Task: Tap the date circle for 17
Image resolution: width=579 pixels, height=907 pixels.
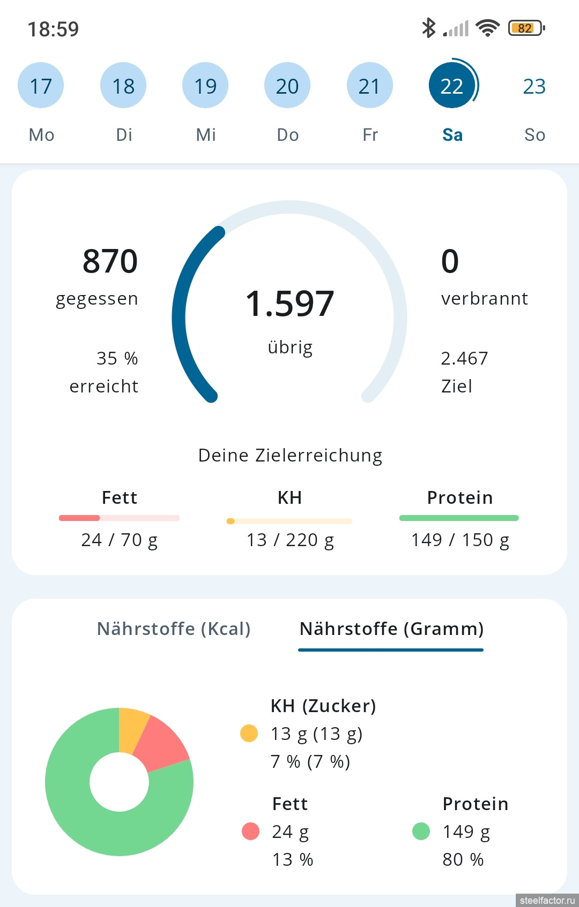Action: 41,86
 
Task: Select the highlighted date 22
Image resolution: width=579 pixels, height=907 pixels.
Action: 451,86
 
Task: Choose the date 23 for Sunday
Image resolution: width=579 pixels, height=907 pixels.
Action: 534,86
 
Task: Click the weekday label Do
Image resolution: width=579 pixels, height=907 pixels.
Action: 288,135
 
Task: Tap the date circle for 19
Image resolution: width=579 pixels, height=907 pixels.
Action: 205,86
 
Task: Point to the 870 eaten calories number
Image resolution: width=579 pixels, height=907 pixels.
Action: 110,261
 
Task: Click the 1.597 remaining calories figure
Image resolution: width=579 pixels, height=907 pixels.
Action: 289,304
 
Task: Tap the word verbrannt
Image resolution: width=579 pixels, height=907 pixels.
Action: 484,298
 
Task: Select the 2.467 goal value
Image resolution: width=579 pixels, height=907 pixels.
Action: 464,358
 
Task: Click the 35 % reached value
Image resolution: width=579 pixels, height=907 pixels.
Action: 117,358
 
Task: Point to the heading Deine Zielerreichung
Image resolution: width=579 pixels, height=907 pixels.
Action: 290,455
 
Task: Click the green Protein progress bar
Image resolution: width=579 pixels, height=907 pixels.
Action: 459,518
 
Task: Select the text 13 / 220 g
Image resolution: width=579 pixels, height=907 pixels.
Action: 290,540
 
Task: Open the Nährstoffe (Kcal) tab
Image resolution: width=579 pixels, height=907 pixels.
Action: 174,629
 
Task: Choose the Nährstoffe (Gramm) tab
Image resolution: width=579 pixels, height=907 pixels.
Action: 391,629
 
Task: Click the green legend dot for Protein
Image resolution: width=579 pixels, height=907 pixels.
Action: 421,831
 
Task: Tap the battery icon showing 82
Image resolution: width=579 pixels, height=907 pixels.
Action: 526,28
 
